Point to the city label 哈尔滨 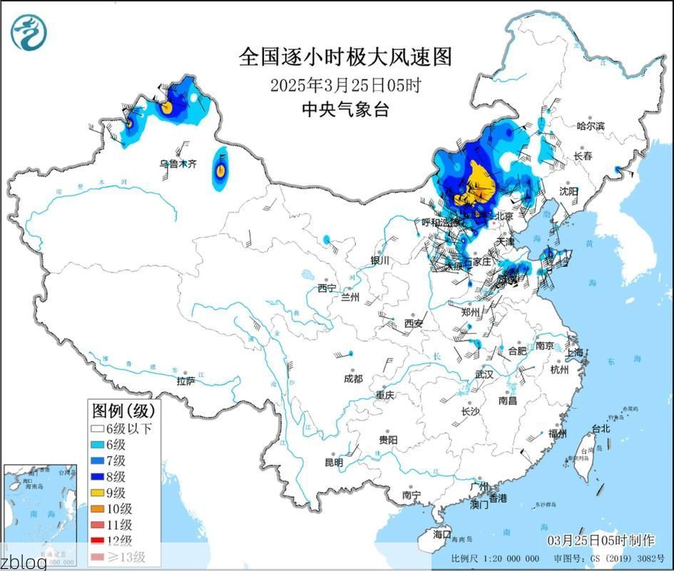tap(590, 126)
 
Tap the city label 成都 tap(352, 379)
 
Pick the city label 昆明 tap(334, 463)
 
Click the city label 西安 tap(414, 323)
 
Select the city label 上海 tap(574, 353)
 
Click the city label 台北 tap(601, 429)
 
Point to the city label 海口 tap(442, 533)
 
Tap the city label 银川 tap(379, 261)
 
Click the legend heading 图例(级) tap(123, 410)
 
